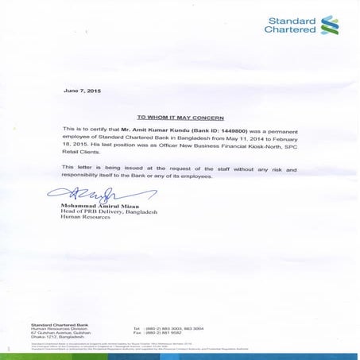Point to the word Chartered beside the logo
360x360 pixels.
[290, 30]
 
